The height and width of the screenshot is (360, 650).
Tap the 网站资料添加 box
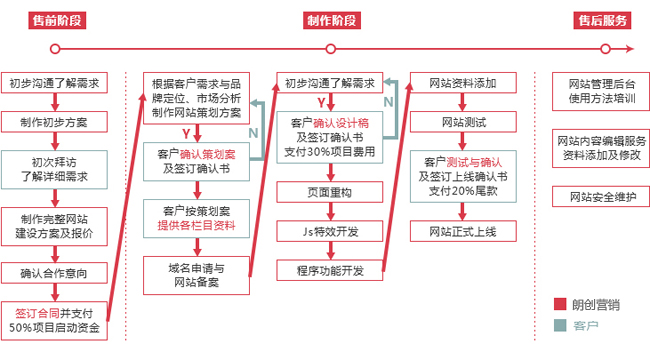pos(463,83)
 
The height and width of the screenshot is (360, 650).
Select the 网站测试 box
pos(463,123)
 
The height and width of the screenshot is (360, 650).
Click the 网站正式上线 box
pos(463,232)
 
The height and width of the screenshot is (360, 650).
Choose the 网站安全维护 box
pos(602,196)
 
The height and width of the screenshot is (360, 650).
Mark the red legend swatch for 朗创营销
pos(559,304)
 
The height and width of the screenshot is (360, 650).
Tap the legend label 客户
pos(584,326)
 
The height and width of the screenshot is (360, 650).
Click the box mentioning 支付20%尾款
pos(463,176)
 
